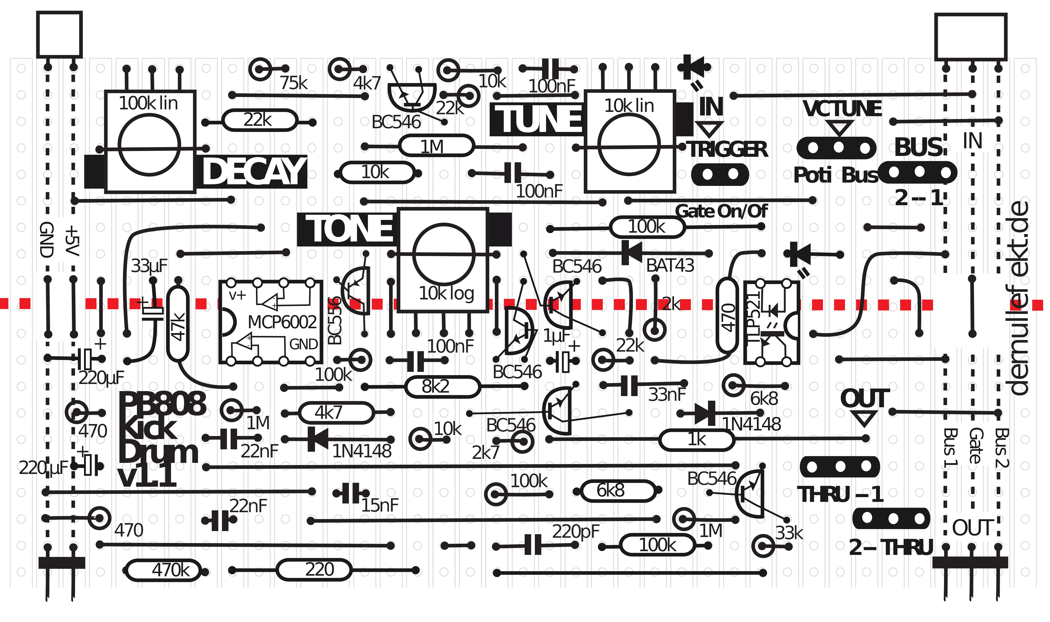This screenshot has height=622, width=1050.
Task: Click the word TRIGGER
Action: tap(728, 150)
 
